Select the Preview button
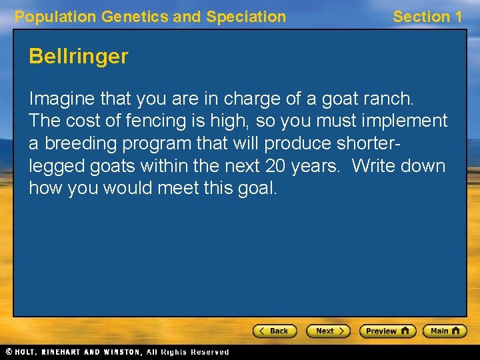pyautogui.click(x=387, y=331)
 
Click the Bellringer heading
pyautogui.click(x=78, y=57)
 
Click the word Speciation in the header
pyautogui.click(x=246, y=17)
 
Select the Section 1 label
pyautogui.click(x=427, y=17)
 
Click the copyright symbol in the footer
pyautogui.click(x=9, y=352)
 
